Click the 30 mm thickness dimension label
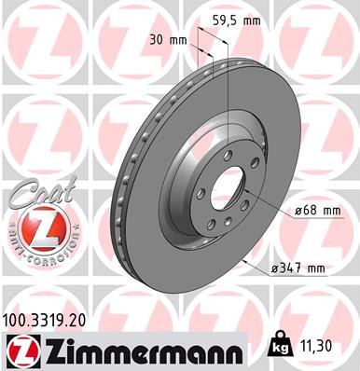[x=169, y=40]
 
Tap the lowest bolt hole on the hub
[x=221, y=224]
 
